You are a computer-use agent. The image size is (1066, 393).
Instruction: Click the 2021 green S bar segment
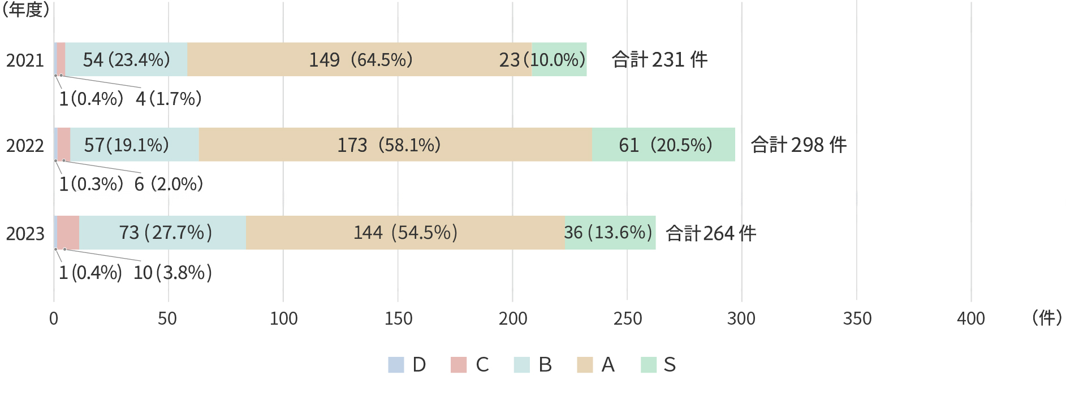pos(559,59)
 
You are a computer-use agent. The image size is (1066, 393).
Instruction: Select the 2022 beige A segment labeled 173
pos(395,145)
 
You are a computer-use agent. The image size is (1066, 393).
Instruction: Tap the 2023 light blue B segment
pos(162,233)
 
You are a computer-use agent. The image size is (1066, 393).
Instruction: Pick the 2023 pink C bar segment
pos(68,233)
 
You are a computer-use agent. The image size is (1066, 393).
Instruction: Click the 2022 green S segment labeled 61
pos(663,145)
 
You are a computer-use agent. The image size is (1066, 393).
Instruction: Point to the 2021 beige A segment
pos(359,59)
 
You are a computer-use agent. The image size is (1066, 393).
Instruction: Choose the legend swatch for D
pos(396,365)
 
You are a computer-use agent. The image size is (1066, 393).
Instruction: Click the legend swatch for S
pos(649,365)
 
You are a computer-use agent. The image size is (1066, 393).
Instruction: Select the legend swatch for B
pos(522,365)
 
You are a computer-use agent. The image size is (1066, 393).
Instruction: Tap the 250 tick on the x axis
pos(627,319)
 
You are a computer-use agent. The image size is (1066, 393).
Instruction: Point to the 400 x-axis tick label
pos(970,319)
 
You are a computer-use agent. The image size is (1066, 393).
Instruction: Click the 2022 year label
pos(25,146)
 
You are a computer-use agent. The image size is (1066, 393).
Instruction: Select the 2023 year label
pos(25,234)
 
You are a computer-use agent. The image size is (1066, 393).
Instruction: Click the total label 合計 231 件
pos(659,59)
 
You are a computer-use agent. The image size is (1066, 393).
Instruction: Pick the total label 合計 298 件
pos(799,145)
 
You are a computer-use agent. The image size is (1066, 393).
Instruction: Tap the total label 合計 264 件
pos(711,233)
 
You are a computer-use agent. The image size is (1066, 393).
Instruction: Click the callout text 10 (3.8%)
pos(172,273)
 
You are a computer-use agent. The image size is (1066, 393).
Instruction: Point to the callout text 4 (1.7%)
pos(169,99)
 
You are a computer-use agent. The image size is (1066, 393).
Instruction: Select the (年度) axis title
pos(25,10)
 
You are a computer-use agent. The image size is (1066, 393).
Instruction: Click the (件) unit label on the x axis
pos(1047,318)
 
